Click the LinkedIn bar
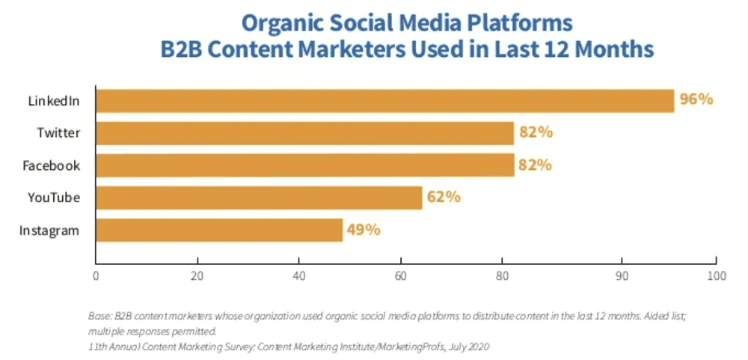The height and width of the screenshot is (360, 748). click(x=384, y=100)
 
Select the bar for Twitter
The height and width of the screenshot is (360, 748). click(x=304, y=133)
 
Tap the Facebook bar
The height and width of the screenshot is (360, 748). click(x=304, y=165)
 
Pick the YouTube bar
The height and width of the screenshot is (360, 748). click(x=259, y=198)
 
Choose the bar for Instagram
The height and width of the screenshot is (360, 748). click(x=218, y=230)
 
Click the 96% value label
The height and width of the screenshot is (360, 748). click(x=696, y=100)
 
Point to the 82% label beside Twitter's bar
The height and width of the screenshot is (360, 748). click(x=536, y=132)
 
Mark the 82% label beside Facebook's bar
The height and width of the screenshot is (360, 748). click(x=536, y=165)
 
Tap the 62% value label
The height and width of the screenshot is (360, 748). click(x=444, y=198)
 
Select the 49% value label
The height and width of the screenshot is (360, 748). click(x=364, y=230)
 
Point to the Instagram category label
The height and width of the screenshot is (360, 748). click(x=49, y=231)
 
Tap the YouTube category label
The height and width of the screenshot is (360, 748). click(x=54, y=198)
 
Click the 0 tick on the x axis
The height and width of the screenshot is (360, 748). click(x=96, y=275)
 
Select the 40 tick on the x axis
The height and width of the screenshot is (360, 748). click(x=299, y=275)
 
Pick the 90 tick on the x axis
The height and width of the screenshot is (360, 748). click(x=621, y=275)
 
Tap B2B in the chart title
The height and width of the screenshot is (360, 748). click(x=183, y=49)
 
